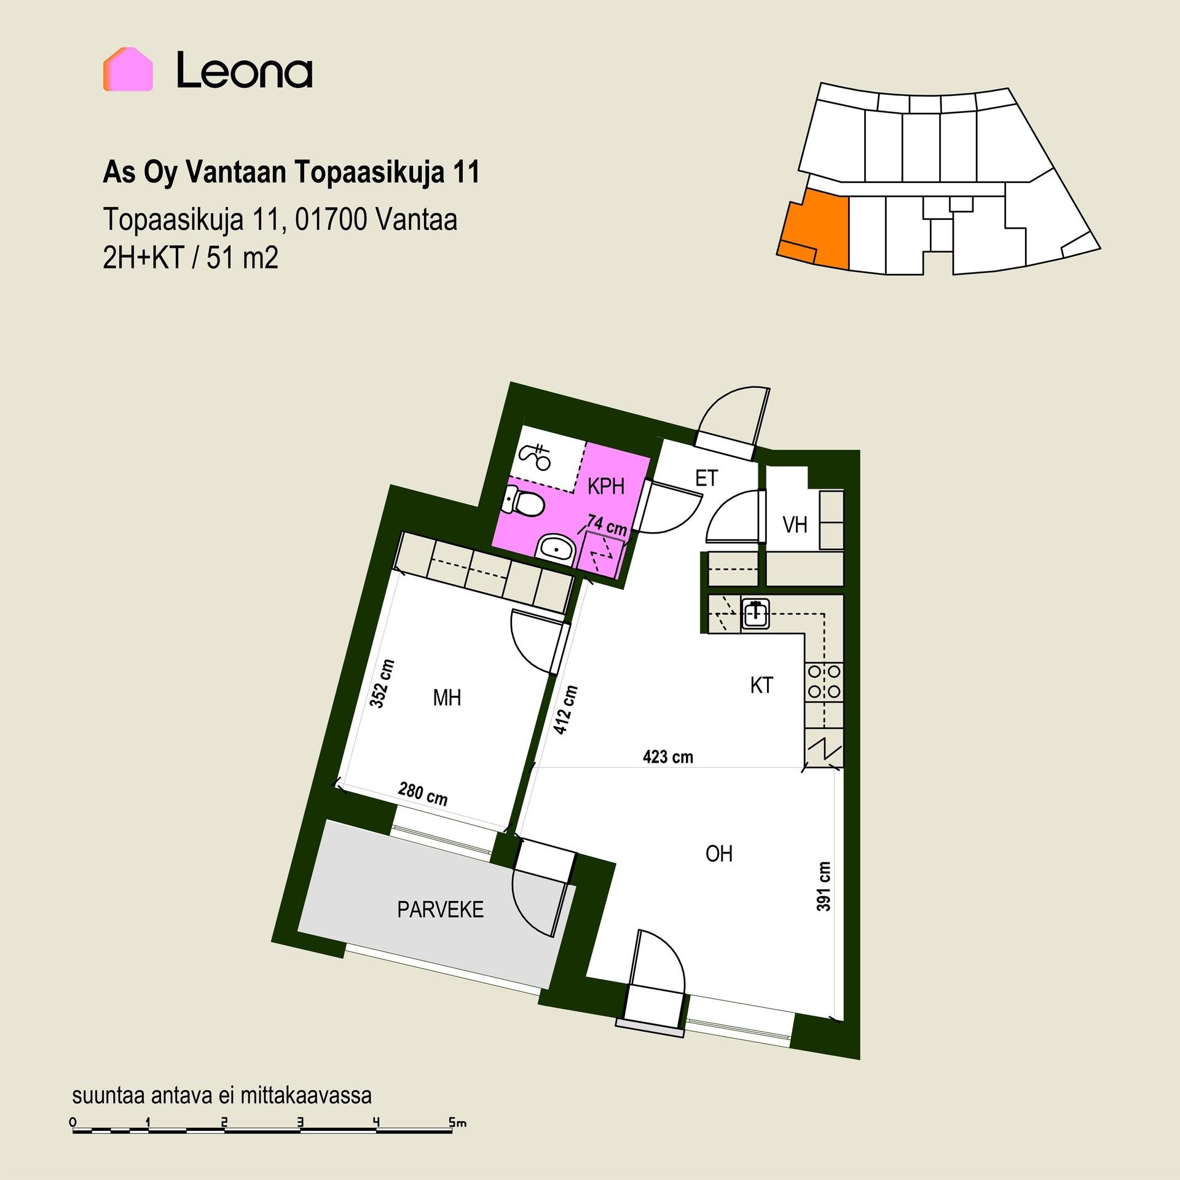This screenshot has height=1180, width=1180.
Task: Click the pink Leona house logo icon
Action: pyautogui.click(x=128, y=69)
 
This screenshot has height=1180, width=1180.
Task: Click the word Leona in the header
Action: pyautogui.click(x=245, y=70)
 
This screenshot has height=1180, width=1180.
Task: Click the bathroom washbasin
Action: pyautogui.click(x=555, y=546)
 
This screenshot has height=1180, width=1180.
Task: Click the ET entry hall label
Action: pyautogui.click(x=706, y=478)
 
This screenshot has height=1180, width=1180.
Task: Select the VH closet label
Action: pyautogui.click(x=795, y=525)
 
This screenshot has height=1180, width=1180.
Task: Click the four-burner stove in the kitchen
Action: pyautogui.click(x=824, y=682)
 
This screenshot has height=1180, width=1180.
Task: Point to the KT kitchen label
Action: pyautogui.click(x=761, y=685)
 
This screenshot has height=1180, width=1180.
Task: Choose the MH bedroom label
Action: pyautogui.click(x=447, y=698)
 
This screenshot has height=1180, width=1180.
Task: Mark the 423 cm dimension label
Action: pyautogui.click(x=668, y=756)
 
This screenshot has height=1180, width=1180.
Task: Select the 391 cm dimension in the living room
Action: pyautogui.click(x=824, y=886)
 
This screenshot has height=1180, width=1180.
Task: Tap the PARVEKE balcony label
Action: pyautogui.click(x=441, y=910)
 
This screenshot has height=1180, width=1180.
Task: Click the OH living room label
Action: pyautogui.click(x=719, y=854)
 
